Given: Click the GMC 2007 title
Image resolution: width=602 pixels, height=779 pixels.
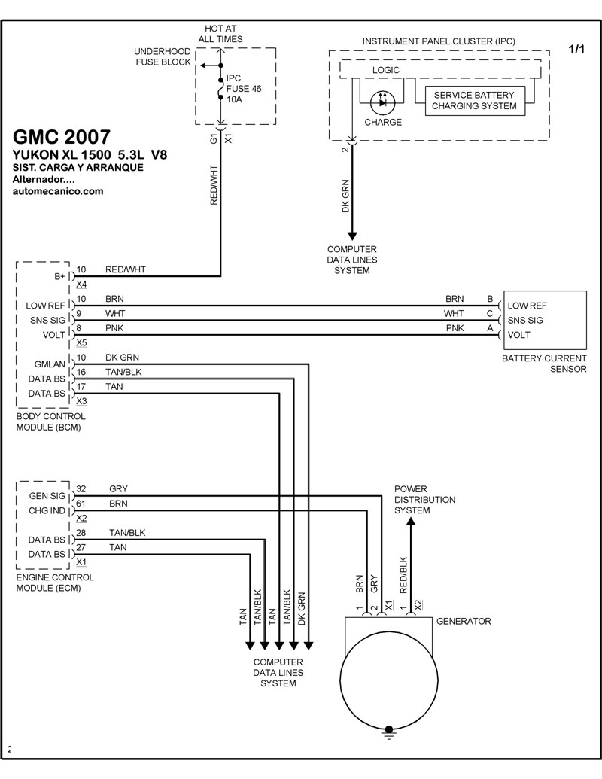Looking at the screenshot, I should (x=62, y=138).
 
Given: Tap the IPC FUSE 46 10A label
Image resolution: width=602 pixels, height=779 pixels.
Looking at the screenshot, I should (x=243, y=89).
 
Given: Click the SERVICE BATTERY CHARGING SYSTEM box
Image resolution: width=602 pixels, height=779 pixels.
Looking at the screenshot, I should (x=473, y=101).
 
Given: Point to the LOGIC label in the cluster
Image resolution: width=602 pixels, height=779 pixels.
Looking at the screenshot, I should (x=385, y=70).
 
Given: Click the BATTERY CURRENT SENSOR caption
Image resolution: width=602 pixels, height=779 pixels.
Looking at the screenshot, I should (x=544, y=364).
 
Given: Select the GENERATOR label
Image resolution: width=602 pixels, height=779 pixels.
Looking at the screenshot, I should (x=464, y=622).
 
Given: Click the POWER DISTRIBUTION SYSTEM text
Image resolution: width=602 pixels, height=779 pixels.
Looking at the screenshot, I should (x=424, y=500).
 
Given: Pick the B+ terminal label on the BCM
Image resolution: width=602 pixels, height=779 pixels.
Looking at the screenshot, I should (x=60, y=277).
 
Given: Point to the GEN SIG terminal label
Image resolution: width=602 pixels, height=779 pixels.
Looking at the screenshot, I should (x=48, y=496).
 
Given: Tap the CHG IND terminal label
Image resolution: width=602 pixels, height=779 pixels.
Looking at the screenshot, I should (x=48, y=511).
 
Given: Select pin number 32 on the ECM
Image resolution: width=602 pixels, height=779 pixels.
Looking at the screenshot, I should (x=81, y=488).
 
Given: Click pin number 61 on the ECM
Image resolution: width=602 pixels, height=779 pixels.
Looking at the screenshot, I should (x=81, y=504).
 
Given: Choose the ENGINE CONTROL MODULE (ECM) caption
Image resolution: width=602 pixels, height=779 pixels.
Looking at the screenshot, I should (x=55, y=583).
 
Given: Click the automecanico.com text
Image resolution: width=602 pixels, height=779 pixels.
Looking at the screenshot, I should (x=58, y=192).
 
